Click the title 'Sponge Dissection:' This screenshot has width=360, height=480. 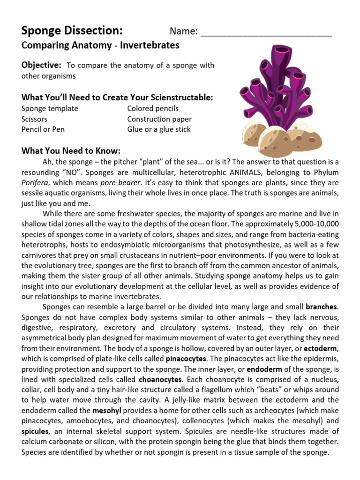(x=72, y=31)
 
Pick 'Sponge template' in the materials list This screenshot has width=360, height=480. (x=50, y=108)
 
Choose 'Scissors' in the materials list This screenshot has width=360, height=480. (x=34, y=119)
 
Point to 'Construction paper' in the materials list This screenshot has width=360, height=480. (x=159, y=119)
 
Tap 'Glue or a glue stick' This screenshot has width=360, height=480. (x=159, y=129)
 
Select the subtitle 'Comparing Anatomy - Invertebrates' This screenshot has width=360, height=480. (x=100, y=45)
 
